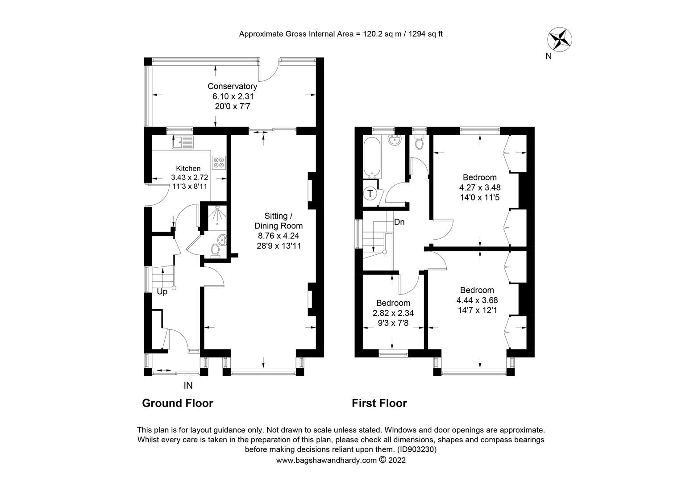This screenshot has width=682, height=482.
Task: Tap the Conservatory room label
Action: click(x=232, y=86)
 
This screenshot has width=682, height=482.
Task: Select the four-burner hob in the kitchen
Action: click(x=219, y=162)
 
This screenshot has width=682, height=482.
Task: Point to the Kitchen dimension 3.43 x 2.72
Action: click(x=189, y=177)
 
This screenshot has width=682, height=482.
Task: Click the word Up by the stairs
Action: click(x=162, y=292)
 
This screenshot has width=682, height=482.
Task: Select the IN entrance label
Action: click(x=188, y=385)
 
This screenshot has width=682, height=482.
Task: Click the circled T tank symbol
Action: click(x=370, y=194)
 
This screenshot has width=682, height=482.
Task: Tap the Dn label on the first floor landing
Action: click(x=399, y=222)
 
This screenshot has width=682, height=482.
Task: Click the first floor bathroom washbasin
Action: click(x=394, y=141)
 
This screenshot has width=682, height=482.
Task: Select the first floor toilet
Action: click(x=419, y=143)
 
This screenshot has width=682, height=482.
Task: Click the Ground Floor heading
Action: click(x=177, y=403)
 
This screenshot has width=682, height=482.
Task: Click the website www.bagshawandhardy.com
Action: click(x=327, y=460)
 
